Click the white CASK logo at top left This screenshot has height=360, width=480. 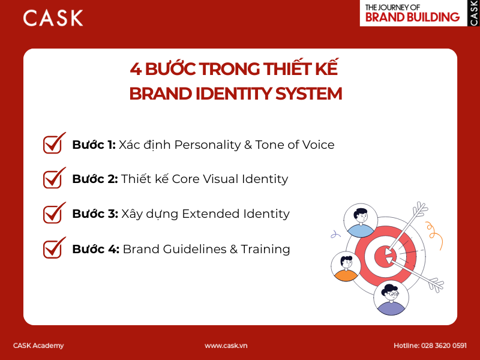tap(53, 18)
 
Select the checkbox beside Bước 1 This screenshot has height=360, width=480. tap(54, 144)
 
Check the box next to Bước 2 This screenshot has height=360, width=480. tap(54, 178)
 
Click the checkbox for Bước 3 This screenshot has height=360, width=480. tap(54, 213)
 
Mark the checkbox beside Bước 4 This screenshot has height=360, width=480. tap(54, 248)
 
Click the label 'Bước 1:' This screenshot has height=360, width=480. tap(94, 145)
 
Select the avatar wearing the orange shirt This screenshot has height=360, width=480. tap(346, 266)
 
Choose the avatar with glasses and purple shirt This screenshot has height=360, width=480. tap(391, 298)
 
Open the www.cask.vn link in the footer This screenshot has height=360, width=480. tap(226, 346)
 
